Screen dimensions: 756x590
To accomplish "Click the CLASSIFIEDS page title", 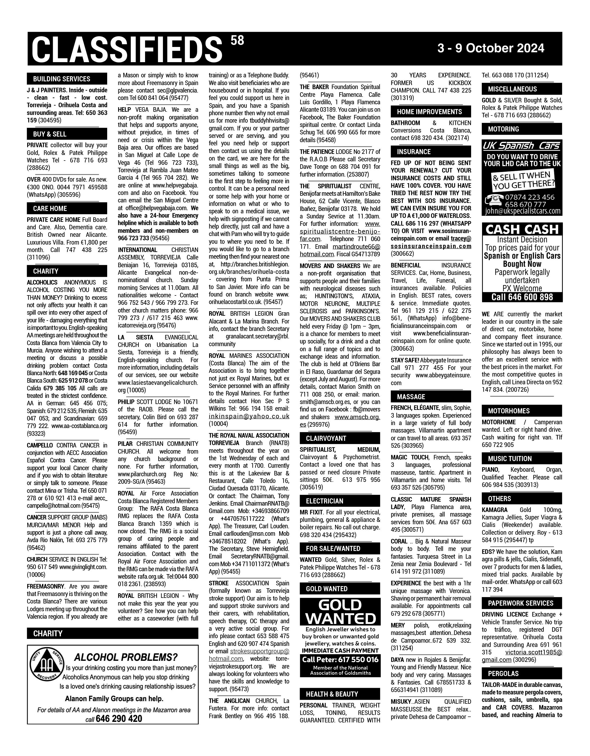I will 127,50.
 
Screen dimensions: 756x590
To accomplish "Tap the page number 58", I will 237,41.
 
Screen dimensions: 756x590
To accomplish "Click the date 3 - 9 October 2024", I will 490,48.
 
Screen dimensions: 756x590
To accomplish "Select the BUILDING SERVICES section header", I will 62,79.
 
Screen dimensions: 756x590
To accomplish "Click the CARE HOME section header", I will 50,208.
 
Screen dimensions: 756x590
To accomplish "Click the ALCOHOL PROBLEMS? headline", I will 126,657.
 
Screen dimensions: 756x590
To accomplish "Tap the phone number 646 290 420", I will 119,719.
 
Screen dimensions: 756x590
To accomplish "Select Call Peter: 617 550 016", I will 340,660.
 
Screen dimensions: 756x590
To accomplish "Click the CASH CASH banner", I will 522,229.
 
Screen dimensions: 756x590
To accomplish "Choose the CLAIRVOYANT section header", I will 326,438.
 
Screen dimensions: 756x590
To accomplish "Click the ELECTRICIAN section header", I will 324,501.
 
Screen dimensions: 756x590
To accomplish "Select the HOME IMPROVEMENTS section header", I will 429,112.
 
